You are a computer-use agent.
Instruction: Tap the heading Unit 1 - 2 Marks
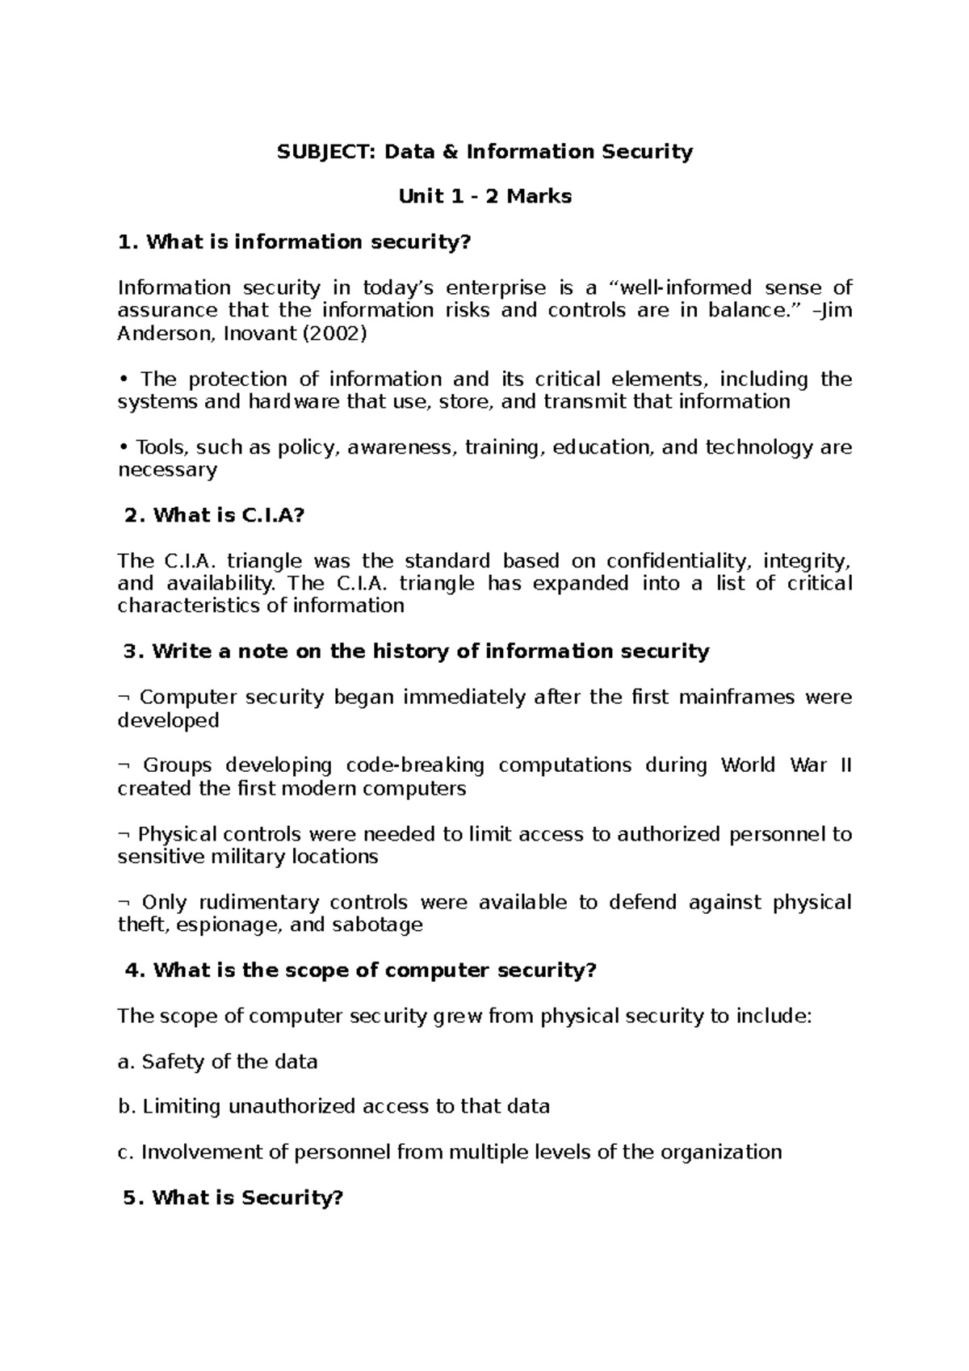tap(484, 196)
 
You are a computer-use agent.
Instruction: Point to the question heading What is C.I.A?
tap(215, 515)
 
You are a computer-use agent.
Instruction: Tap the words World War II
tap(786, 765)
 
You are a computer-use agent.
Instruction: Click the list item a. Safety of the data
tap(217, 1061)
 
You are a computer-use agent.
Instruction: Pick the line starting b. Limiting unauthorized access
tap(333, 1106)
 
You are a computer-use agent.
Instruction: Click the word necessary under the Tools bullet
tap(167, 470)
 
